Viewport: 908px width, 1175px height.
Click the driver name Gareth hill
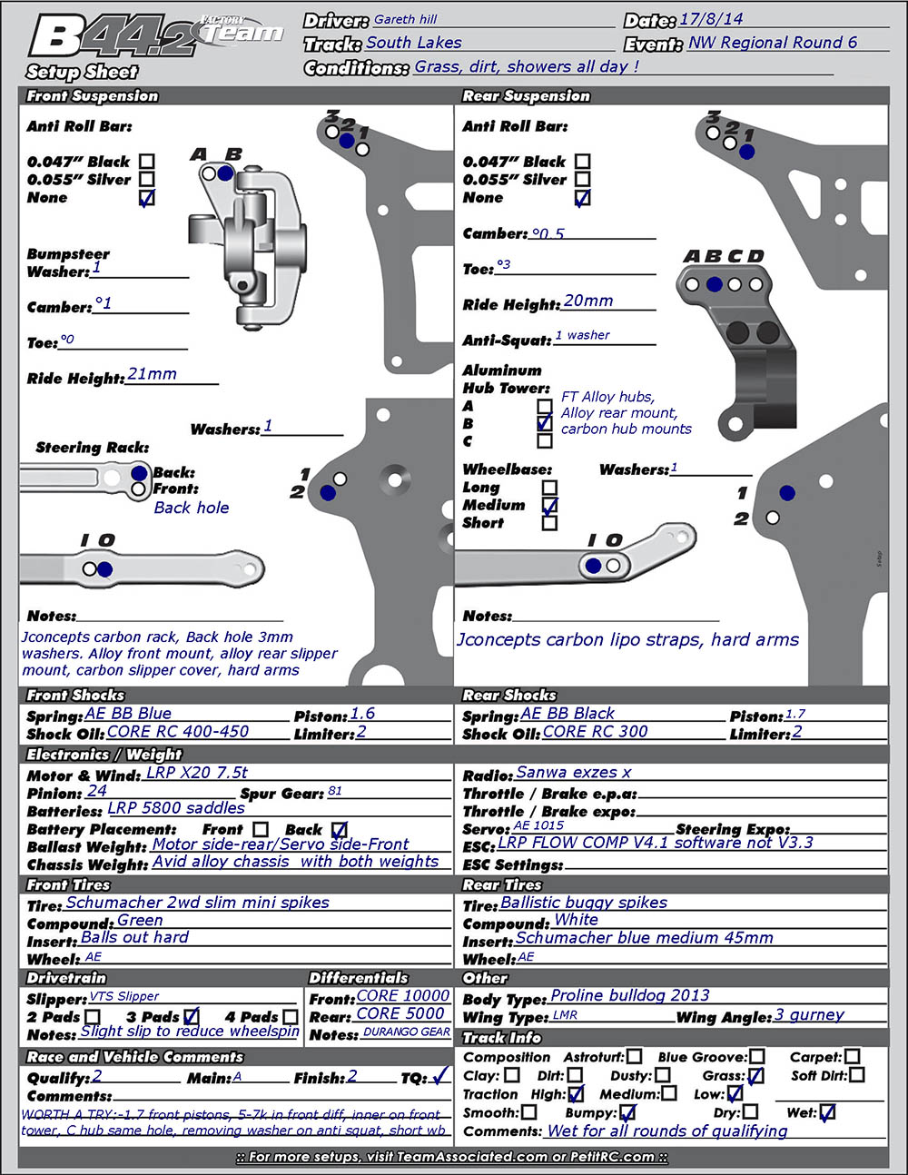[x=406, y=19]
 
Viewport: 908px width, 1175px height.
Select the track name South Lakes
[x=414, y=43]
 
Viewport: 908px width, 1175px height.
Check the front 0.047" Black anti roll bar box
[x=146, y=162]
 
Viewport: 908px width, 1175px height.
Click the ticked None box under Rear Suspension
[x=582, y=198]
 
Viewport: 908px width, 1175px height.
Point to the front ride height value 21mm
[x=153, y=374]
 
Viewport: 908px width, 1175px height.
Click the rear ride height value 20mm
[x=588, y=301]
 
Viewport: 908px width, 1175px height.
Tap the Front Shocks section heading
[x=75, y=696]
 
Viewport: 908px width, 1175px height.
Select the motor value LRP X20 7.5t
[x=197, y=773]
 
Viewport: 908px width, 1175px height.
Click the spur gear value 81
[x=335, y=791]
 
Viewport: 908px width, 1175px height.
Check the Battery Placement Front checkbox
[x=261, y=829]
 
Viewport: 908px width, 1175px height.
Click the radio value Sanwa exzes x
[x=574, y=773]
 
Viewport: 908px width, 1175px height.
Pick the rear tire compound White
[x=576, y=920]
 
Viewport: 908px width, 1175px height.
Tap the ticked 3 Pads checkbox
[x=191, y=1017]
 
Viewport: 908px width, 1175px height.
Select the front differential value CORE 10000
[x=403, y=995]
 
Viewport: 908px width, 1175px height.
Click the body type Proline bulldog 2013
[x=630, y=996]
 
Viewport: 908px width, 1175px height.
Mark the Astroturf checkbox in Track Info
[x=634, y=1057]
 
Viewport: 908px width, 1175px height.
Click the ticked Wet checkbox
[x=826, y=1112]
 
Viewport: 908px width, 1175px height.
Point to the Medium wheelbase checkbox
[x=549, y=505]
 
